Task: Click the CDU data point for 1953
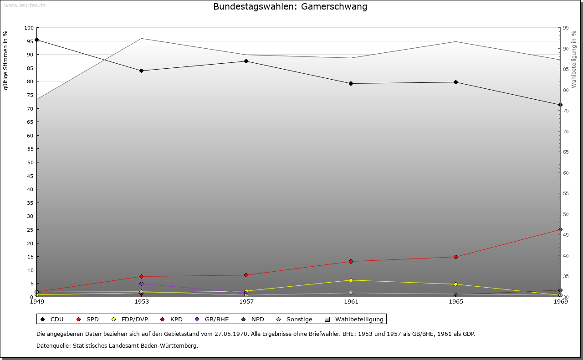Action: tap(141, 71)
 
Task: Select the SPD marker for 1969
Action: tap(560, 230)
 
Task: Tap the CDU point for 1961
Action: tap(351, 84)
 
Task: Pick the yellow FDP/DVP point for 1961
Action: tap(351, 280)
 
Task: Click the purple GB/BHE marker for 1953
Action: tap(141, 284)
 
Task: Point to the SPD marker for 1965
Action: tap(455, 257)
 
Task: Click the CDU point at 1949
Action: tap(36, 40)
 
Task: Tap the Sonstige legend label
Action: tap(299, 319)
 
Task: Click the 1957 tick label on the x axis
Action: tap(246, 301)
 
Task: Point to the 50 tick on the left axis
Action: tap(31, 162)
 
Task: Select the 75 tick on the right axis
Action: tap(566, 111)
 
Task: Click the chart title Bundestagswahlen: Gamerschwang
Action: tap(290, 7)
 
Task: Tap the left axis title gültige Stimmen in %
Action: tap(6, 61)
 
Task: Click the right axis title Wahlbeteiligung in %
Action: tap(574, 59)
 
